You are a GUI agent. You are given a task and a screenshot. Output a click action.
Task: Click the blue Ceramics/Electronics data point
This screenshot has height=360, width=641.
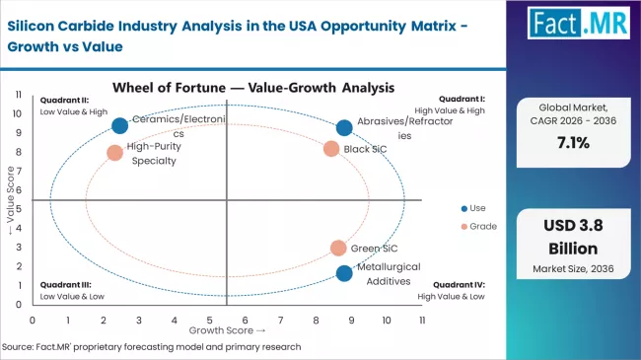pos(119,125)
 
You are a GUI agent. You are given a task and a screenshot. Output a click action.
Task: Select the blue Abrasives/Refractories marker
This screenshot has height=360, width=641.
pos(344,128)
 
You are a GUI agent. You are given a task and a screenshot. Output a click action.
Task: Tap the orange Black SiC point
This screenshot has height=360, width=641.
pos(331,149)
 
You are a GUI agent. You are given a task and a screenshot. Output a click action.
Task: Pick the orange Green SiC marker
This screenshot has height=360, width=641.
pos(338,249)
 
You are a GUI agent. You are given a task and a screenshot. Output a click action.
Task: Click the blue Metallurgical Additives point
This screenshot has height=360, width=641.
pos(343,273)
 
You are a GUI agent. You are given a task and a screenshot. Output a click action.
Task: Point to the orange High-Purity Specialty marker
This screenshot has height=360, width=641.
pos(114,153)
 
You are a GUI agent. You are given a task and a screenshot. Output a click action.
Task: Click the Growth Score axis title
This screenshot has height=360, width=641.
pos(228,330)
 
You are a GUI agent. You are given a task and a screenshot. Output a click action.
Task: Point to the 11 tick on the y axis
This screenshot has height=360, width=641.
pos(19,95)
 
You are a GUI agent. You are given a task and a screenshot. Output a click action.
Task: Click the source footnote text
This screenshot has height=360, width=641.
pos(151,346)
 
